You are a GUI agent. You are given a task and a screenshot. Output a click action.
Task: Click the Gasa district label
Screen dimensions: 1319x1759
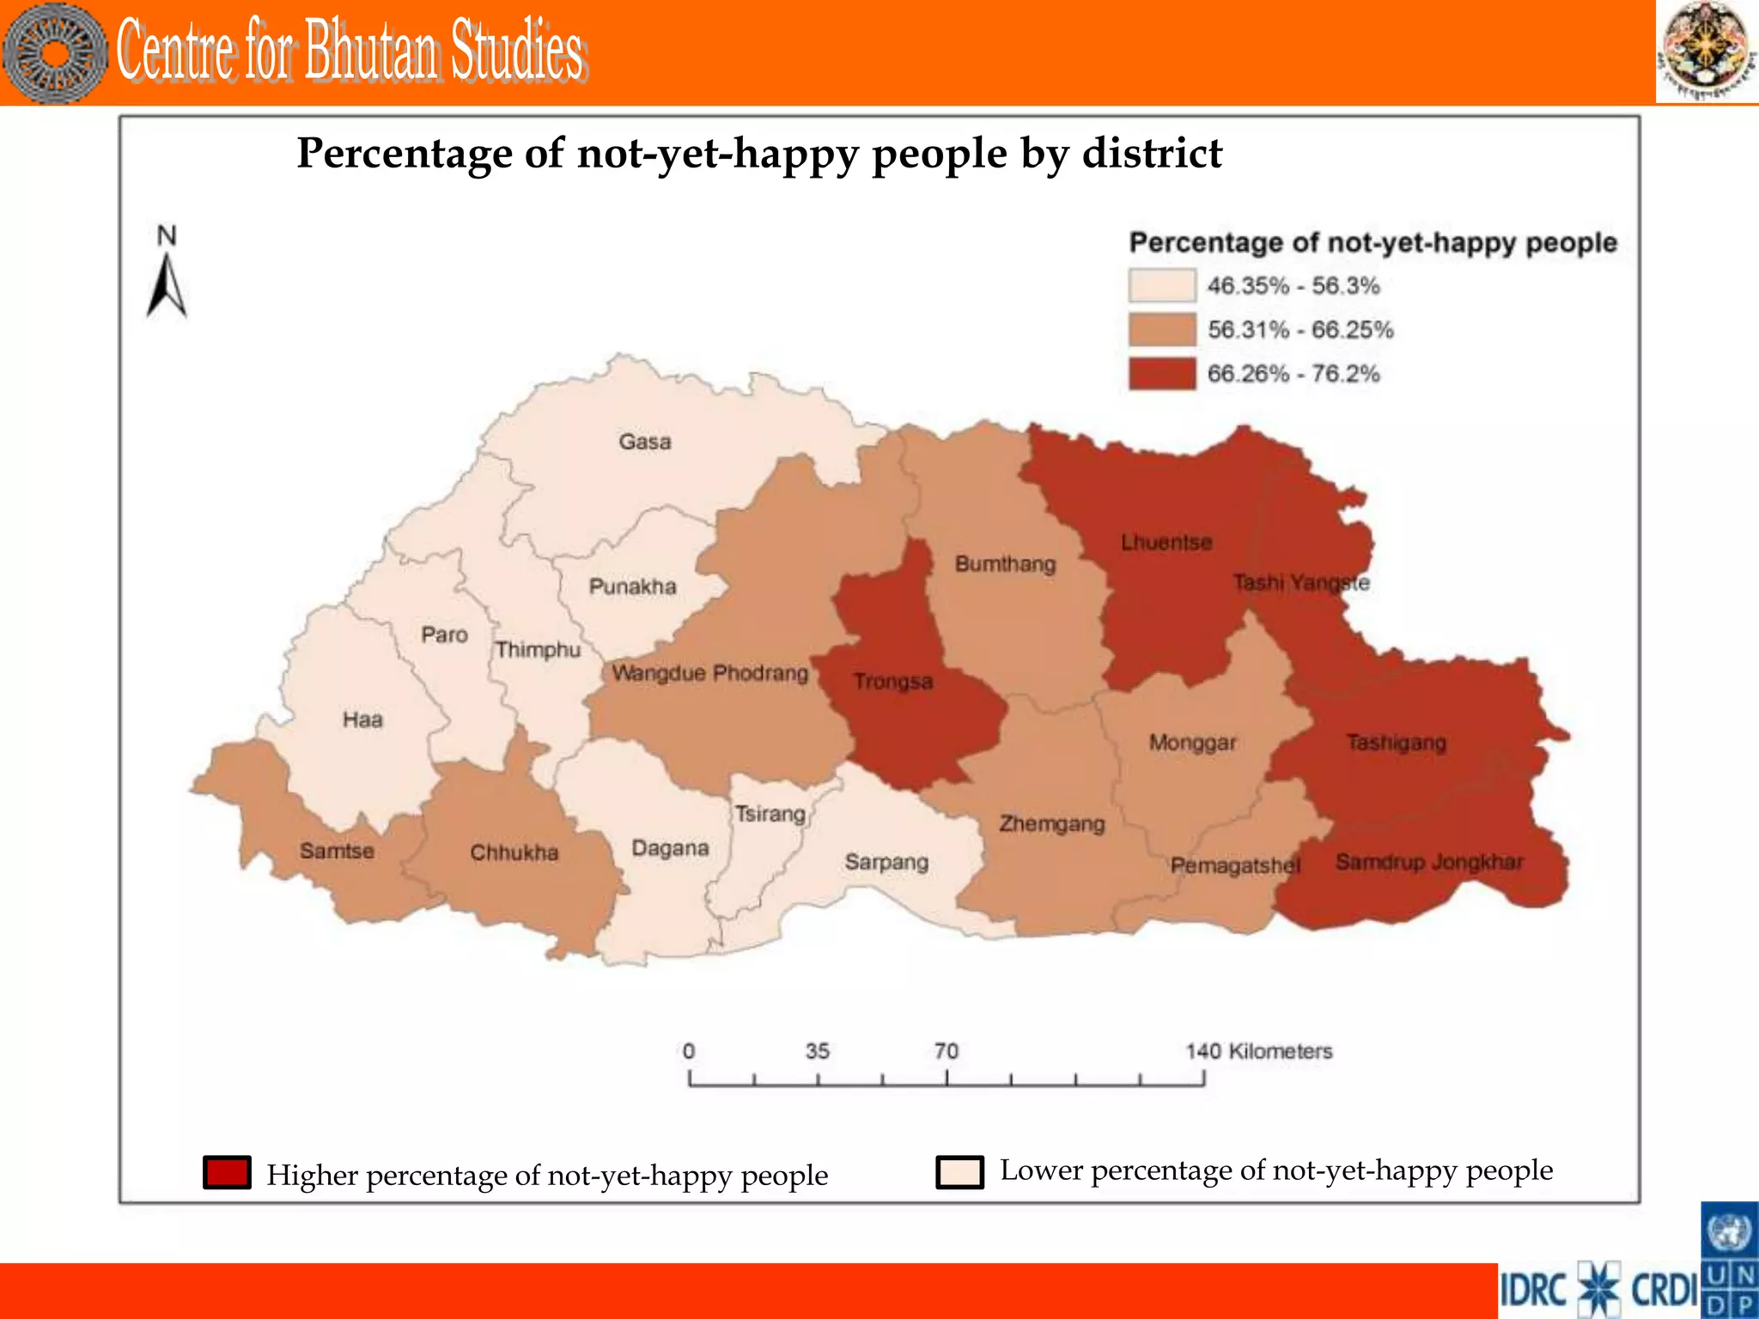(645, 442)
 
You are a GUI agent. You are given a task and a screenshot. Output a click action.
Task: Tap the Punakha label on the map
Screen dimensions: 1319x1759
(632, 587)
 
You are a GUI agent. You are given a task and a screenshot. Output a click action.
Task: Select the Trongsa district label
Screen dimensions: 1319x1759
(892, 682)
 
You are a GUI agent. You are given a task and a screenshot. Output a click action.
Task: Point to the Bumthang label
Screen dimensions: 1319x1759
(1005, 564)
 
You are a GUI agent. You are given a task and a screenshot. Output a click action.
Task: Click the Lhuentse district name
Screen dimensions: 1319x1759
(1166, 543)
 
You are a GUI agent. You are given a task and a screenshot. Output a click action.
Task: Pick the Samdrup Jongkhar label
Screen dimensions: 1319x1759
(1429, 861)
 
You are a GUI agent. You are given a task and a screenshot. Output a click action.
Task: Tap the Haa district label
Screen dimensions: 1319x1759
(362, 720)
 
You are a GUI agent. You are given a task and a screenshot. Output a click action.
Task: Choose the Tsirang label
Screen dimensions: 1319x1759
(770, 813)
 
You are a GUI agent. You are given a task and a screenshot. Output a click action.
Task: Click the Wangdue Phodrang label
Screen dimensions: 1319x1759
(710, 672)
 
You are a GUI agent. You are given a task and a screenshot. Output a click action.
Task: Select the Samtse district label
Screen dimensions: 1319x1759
(337, 851)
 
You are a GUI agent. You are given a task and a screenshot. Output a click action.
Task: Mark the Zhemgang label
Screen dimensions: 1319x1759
(1051, 824)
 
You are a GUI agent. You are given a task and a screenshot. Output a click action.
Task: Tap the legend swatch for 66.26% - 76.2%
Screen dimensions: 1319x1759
(1161, 374)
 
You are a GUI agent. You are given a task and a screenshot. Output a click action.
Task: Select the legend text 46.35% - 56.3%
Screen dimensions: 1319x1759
(1293, 286)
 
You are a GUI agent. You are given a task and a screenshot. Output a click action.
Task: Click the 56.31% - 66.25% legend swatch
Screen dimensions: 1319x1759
(1161, 330)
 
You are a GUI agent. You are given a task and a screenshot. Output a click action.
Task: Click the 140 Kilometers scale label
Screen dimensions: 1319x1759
(1258, 1051)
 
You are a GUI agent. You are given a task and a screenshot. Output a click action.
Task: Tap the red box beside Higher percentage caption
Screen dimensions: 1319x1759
(227, 1172)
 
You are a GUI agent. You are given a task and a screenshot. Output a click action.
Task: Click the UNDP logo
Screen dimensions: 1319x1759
(1729, 1260)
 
